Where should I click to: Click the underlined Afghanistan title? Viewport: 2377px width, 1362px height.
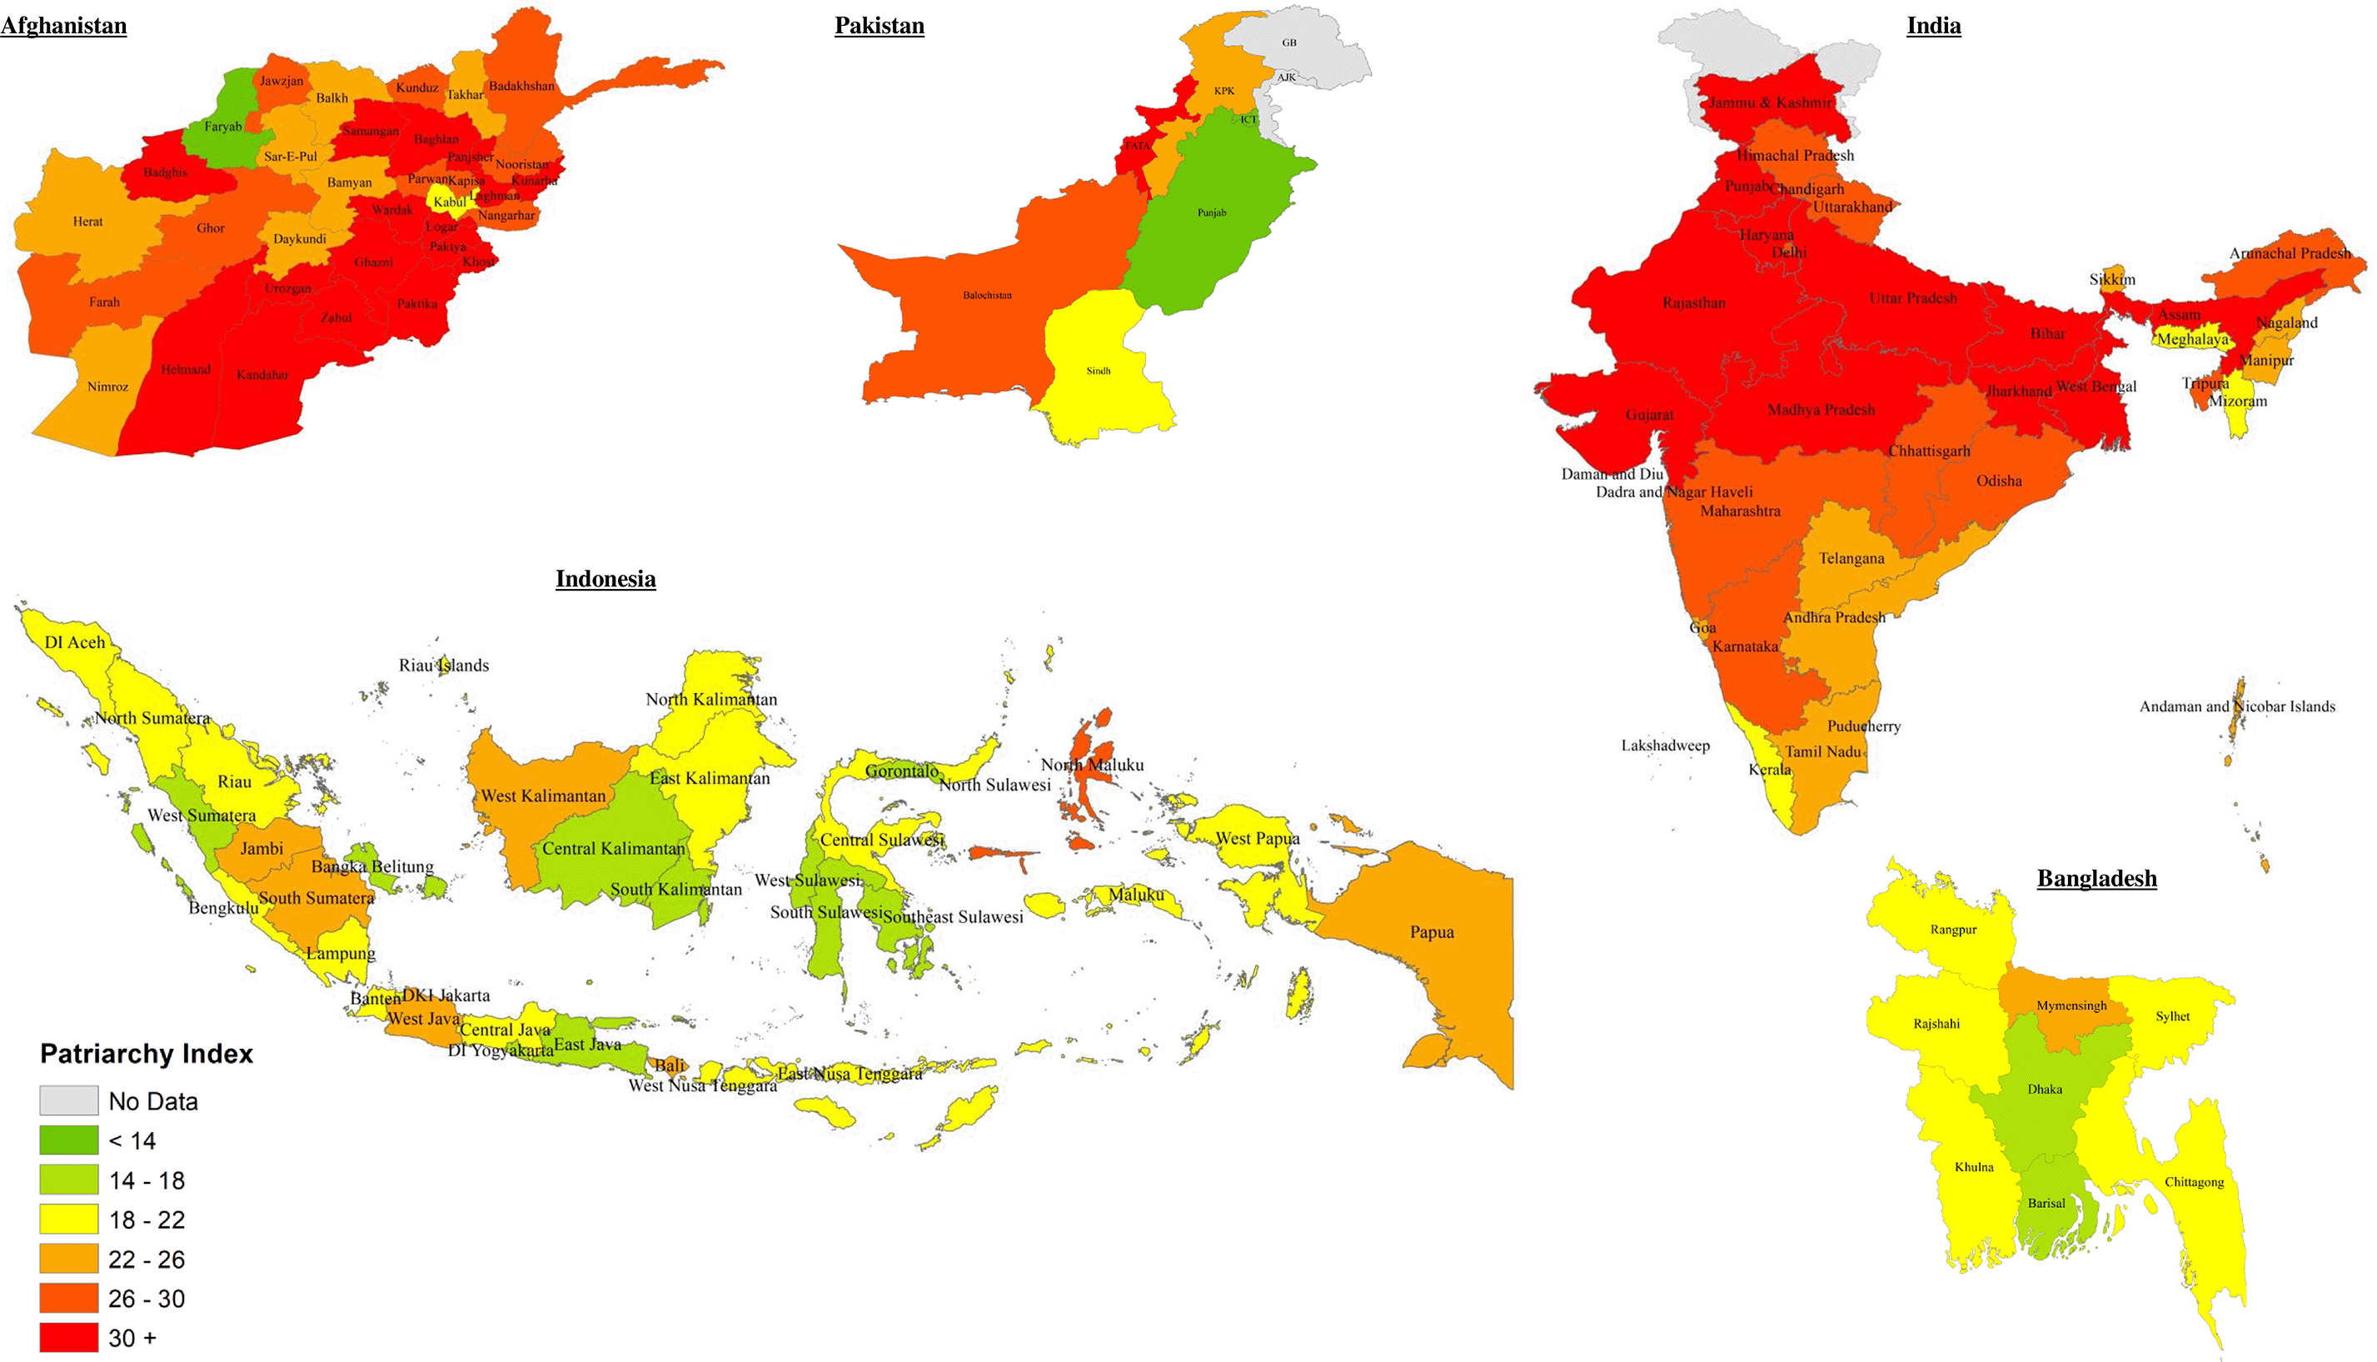click(x=63, y=25)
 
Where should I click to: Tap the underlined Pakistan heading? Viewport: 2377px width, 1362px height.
click(x=879, y=25)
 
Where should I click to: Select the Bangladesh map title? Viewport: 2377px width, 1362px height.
click(x=2096, y=877)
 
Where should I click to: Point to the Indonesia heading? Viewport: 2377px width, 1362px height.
click(x=605, y=578)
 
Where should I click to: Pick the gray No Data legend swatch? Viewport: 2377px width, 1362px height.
click(x=68, y=1100)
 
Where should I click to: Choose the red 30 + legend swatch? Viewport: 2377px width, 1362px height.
click(x=68, y=1337)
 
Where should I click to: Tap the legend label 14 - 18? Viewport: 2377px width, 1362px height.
click(x=147, y=1180)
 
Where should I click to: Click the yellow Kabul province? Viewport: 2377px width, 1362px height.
click(x=444, y=200)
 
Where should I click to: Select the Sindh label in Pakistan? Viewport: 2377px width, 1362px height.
click(x=1099, y=371)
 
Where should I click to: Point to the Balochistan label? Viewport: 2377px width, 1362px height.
click(x=988, y=295)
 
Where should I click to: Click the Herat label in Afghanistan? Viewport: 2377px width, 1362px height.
click(x=88, y=222)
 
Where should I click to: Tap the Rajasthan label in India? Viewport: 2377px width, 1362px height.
click(x=1693, y=302)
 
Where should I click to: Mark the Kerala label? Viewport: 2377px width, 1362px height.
click(x=1769, y=769)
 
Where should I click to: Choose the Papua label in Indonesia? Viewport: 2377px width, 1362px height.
click(x=1432, y=931)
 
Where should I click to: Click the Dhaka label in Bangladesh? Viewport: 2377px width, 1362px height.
click(x=2044, y=1089)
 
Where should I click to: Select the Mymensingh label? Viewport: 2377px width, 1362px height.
click(x=2071, y=1005)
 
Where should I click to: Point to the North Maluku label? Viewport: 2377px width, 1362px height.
click(x=1092, y=764)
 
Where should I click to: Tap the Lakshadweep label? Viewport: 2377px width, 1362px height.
click(x=1666, y=745)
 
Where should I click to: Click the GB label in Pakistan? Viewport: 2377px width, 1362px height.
click(x=1288, y=42)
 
